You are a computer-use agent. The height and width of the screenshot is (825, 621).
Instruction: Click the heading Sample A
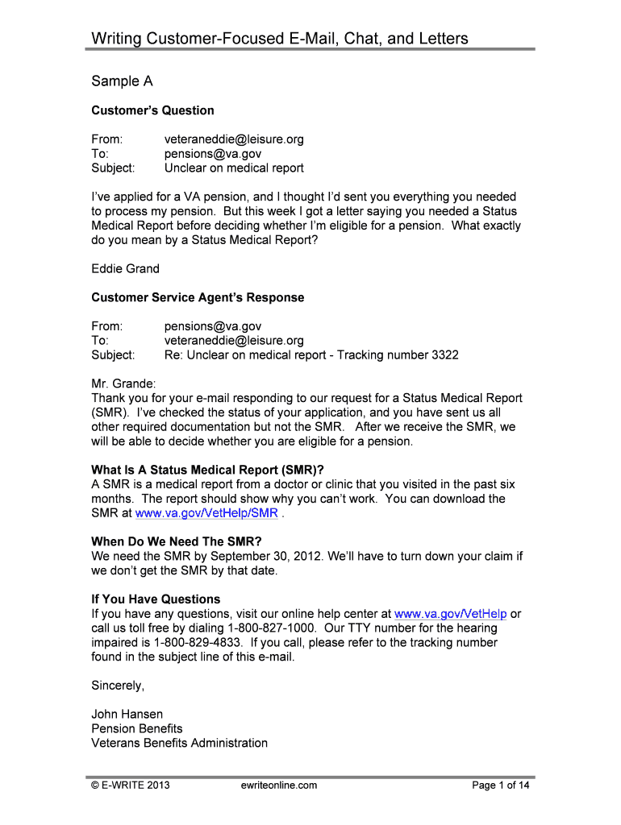point(122,81)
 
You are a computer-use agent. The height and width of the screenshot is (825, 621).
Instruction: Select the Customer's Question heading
point(152,110)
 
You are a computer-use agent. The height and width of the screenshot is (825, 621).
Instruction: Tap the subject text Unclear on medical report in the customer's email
point(234,168)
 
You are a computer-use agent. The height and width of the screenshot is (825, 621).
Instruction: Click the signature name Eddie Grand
point(125,268)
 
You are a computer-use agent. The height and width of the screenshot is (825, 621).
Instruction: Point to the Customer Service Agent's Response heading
point(198,297)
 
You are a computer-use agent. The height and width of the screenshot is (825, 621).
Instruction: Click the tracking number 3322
point(445,355)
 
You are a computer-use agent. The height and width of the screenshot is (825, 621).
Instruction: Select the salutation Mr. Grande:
point(123,384)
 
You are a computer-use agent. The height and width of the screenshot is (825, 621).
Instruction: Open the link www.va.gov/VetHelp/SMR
point(206,513)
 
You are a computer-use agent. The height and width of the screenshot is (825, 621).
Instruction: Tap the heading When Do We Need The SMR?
point(177,541)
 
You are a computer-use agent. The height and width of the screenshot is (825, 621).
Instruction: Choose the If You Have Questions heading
point(156,599)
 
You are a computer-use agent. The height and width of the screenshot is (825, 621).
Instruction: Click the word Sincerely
point(118,686)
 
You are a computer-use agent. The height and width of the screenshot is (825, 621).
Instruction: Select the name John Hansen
point(127,715)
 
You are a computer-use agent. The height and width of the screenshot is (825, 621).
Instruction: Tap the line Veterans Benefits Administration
point(179,743)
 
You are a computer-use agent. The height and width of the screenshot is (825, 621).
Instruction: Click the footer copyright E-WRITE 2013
point(130,786)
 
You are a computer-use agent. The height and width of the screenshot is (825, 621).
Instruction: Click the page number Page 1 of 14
point(501,786)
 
